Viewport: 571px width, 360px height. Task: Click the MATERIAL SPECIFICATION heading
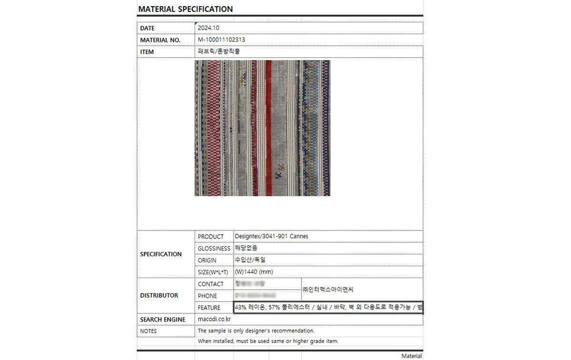coord(186,9)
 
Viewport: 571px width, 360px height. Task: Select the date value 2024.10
coord(208,28)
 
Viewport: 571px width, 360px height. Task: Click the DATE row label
coord(148,29)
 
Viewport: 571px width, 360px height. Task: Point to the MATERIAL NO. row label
coord(160,40)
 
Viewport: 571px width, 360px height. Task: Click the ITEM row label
coord(147,52)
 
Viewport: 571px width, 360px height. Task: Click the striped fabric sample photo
coord(262,128)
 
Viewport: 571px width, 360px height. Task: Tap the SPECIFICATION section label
coord(161,254)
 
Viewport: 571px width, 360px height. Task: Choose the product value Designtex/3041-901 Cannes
coord(272,236)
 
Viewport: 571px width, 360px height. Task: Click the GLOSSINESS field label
coord(214,249)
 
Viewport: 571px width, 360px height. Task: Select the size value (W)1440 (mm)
coord(254,272)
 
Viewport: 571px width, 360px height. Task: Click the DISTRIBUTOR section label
coord(159,295)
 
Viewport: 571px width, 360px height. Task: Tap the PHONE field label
coord(207,296)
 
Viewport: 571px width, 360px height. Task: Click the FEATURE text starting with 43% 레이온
coord(328,308)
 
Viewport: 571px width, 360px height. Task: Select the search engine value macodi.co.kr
coord(214,319)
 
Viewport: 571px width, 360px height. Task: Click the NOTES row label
coord(148,331)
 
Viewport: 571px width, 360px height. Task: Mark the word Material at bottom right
coord(412,356)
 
